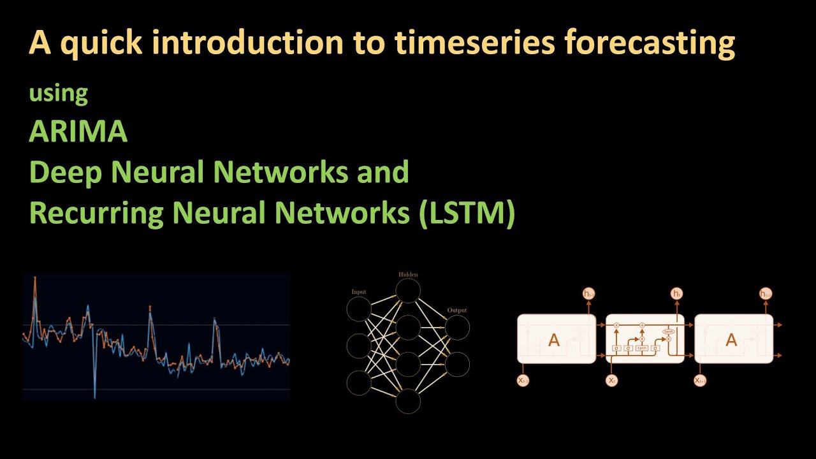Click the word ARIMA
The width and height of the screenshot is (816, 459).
[78, 132]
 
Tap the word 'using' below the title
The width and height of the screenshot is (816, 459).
[58, 94]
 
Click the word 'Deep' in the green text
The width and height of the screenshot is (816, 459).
[64, 173]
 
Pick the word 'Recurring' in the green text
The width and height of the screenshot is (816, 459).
[96, 213]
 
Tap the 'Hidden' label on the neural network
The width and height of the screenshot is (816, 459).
[408, 274]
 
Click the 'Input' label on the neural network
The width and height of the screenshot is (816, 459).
[359, 292]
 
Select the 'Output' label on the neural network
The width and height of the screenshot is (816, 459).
[456, 310]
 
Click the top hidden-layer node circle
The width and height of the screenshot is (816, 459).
[408, 291]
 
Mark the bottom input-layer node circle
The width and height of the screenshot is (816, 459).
[359, 382]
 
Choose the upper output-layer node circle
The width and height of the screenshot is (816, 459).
[457, 328]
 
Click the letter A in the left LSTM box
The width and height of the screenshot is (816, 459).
[554, 340]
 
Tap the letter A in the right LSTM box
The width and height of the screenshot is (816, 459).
[731, 340]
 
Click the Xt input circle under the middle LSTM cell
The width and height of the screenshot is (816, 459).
[612, 381]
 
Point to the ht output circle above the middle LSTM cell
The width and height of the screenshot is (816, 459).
[676, 293]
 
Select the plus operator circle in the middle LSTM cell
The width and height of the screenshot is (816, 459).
[643, 325]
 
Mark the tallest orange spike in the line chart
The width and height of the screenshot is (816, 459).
[34, 279]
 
